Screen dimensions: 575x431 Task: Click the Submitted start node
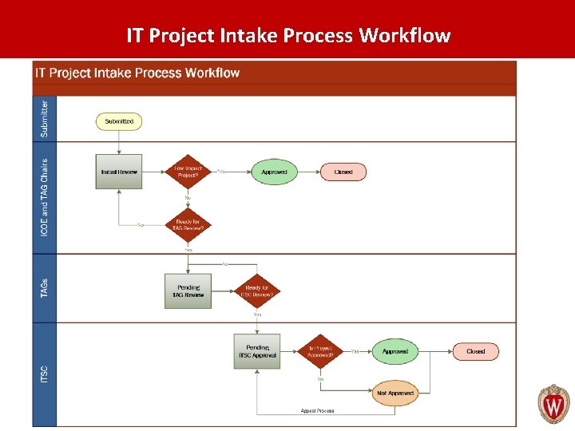point(119,121)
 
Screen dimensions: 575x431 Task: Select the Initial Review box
point(119,172)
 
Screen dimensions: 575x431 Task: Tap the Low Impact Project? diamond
point(188,172)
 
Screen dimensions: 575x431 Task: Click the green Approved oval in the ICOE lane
point(274,172)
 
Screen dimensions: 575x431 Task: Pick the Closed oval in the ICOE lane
point(343,172)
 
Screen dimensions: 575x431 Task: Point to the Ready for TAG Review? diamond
point(188,224)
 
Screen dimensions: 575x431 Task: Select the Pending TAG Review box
point(188,291)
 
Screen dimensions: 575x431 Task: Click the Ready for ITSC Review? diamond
point(257,291)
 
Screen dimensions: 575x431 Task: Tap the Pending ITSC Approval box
point(257,351)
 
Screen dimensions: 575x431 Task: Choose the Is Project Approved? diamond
point(320,351)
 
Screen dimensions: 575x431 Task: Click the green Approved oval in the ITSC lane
point(395,351)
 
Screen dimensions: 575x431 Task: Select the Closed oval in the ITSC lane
point(475,351)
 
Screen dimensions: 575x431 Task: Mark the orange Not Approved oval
point(395,393)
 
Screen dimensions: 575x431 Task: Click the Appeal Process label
point(317,411)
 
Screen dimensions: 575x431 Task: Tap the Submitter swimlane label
point(45,117)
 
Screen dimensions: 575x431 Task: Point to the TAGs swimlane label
point(45,289)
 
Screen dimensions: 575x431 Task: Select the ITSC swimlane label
point(45,373)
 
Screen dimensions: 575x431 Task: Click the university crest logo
point(553,404)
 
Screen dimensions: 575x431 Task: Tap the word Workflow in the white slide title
point(405,36)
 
